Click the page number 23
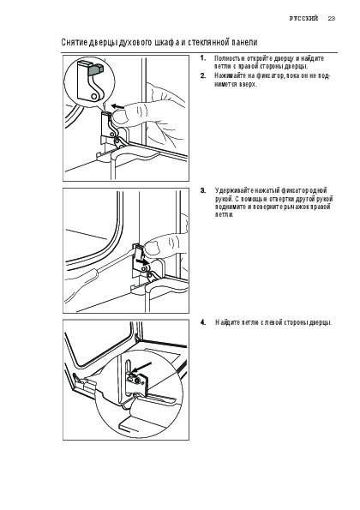point(332,18)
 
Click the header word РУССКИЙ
point(303,18)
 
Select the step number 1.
point(203,58)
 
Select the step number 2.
point(203,75)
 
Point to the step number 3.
point(203,190)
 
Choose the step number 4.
point(203,322)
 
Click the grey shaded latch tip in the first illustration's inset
point(97,69)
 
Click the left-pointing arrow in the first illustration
point(117,106)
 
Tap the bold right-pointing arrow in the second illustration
point(141,261)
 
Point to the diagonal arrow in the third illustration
point(141,368)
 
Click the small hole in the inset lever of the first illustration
point(94,96)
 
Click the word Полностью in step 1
point(230,58)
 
